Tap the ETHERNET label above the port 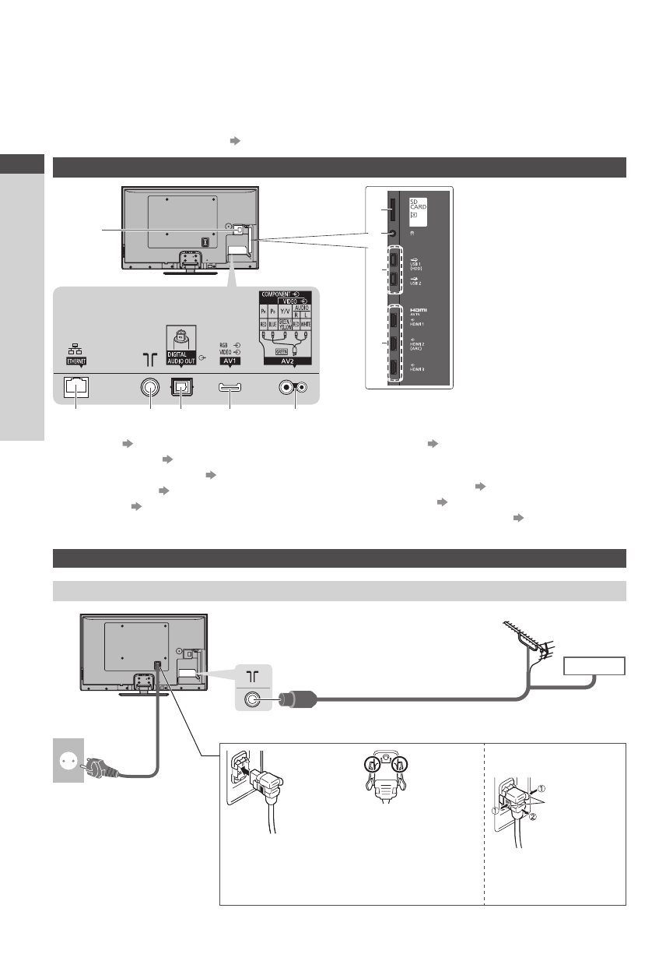[x=75, y=361]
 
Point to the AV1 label [x=230, y=361]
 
